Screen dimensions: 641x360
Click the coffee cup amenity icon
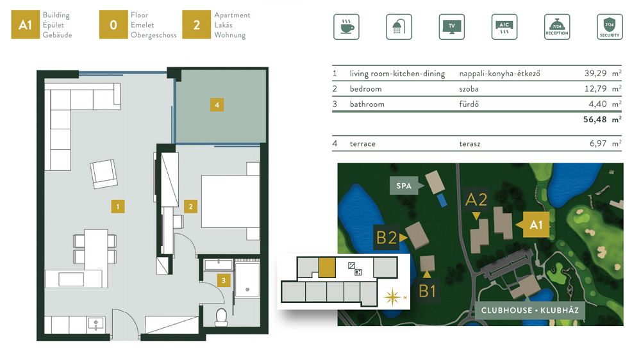tap(346, 27)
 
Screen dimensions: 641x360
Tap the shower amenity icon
tap(399, 27)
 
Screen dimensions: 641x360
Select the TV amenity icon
tap(451, 27)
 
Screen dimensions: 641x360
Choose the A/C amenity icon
tap(504, 27)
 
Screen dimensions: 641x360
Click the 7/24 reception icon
tap(557, 27)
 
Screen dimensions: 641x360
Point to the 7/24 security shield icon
tap(610, 27)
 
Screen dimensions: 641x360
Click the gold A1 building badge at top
tap(26, 25)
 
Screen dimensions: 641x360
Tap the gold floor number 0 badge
tap(113, 25)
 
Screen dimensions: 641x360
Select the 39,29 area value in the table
tap(595, 73)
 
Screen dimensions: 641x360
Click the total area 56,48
tap(595, 119)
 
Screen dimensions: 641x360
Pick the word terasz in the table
tap(470, 144)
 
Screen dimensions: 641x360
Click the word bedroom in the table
tap(365, 88)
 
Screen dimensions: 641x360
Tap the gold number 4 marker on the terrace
tap(217, 105)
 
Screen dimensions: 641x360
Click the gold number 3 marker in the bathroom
tap(224, 281)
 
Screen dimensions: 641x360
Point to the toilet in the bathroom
tap(221, 318)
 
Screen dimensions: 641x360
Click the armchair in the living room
tap(104, 174)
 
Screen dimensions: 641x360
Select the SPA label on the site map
tap(403, 186)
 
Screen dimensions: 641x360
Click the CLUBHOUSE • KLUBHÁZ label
tap(530, 310)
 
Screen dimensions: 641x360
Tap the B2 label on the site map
tap(387, 238)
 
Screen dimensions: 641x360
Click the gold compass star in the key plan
tap(392, 297)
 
